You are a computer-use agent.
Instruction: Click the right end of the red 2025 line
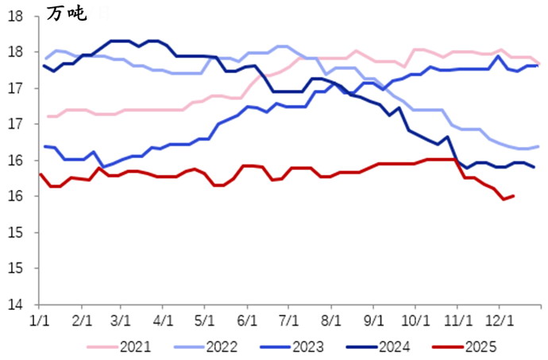[x=514, y=195]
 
